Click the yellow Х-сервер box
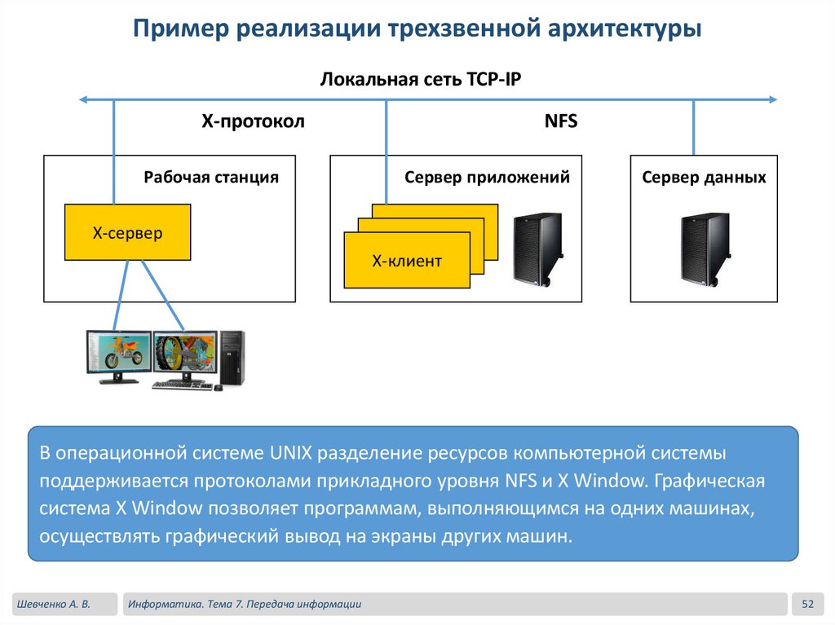coord(127,232)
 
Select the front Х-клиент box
coord(407,261)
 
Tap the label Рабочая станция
coord(211,177)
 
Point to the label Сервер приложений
coord(487,177)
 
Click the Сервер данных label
coord(704,177)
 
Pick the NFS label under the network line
coord(560,121)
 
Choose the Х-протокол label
coord(253,121)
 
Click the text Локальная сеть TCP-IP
coord(420,79)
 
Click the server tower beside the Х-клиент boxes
coord(537,248)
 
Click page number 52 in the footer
coord(808,604)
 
